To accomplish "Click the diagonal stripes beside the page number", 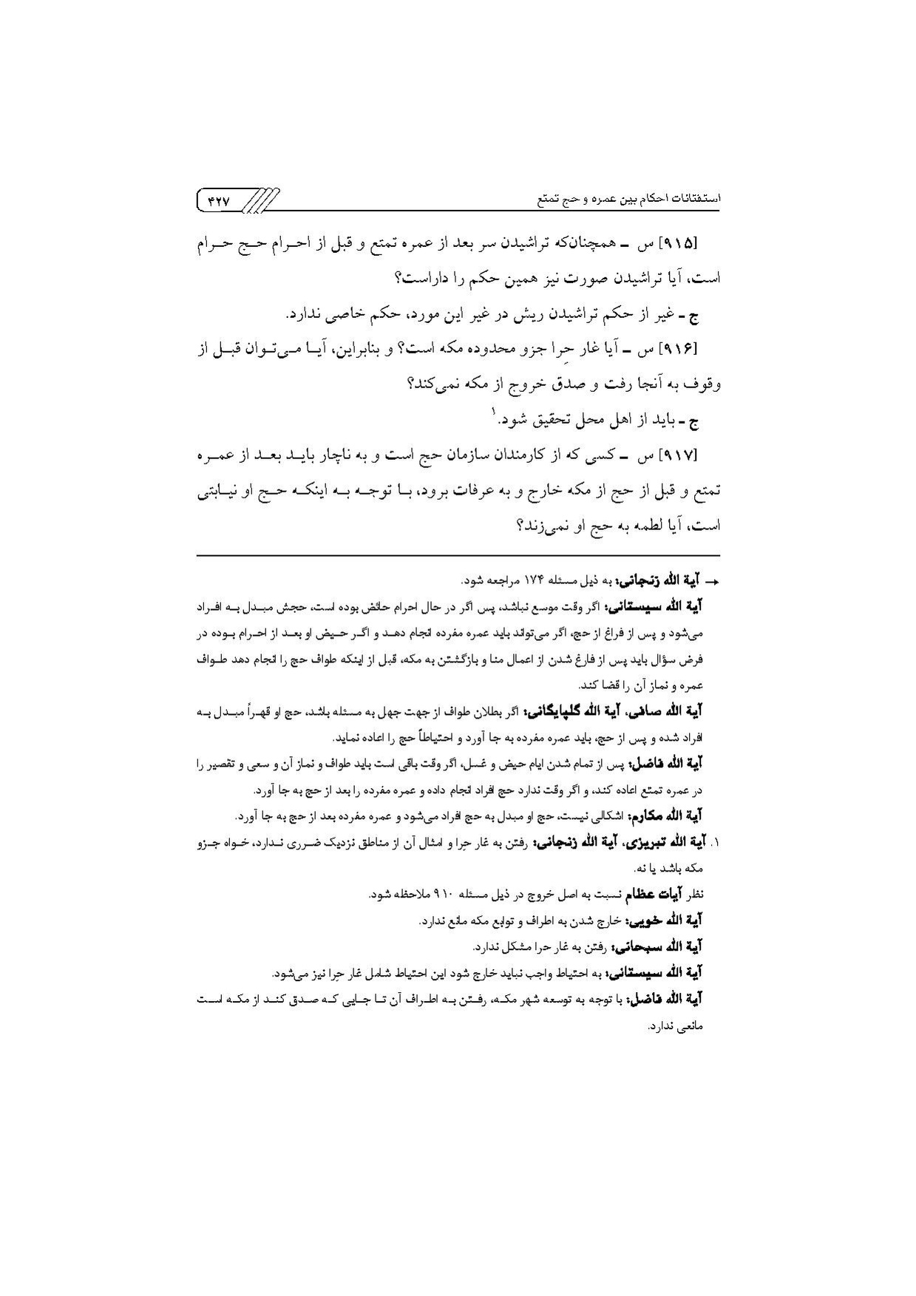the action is [x=261, y=200].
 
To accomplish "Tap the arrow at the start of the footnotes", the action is [x=714, y=582].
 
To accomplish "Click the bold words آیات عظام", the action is [x=657, y=895].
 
